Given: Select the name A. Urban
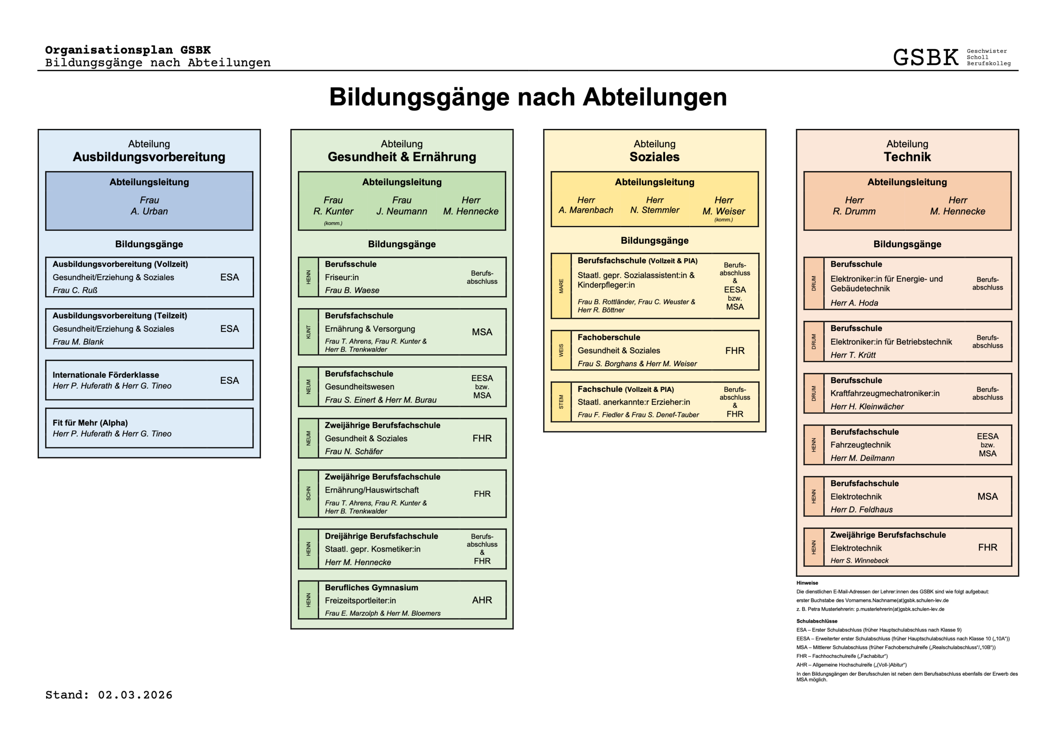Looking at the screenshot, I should click(x=149, y=211).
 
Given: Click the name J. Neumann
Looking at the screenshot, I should click(x=401, y=211).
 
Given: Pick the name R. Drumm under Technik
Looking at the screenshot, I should click(x=854, y=211).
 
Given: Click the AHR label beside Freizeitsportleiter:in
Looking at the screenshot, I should click(x=482, y=600).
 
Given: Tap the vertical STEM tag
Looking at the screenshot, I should click(x=561, y=402).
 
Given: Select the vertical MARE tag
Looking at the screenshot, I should click(x=561, y=286).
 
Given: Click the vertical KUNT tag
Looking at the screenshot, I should click(x=308, y=332).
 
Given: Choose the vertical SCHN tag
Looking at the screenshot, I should click(x=308, y=494).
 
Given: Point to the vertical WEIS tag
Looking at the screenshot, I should click(x=561, y=351).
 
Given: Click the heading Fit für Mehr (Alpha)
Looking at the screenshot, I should click(x=90, y=423).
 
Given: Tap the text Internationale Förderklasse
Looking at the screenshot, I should click(x=106, y=375).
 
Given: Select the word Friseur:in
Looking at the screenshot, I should click(x=341, y=277).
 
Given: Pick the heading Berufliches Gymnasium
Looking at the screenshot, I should click(x=372, y=588).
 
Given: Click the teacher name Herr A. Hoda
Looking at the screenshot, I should click(x=854, y=303).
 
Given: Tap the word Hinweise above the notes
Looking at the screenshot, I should click(x=807, y=583).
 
